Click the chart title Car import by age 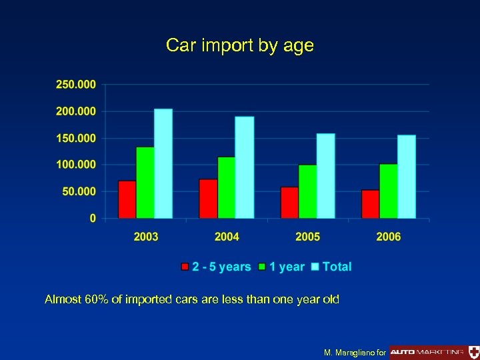tap(239, 46)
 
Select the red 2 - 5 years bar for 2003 tap(127, 199)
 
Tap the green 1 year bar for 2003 tap(145, 183)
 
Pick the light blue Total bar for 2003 tap(163, 163)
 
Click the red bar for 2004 tap(209, 199)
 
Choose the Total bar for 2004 tap(245, 167)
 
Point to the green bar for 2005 tap(308, 191)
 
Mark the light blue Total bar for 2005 tap(326, 176)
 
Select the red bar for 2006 tap(371, 204)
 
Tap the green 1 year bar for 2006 tap(389, 191)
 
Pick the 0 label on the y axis tap(93, 218)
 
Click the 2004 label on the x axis tap(227, 237)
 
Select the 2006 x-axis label tap(388, 237)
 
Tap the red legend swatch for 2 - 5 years tap(185, 267)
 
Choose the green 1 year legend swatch tap(263, 267)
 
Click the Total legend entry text tap(337, 267)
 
